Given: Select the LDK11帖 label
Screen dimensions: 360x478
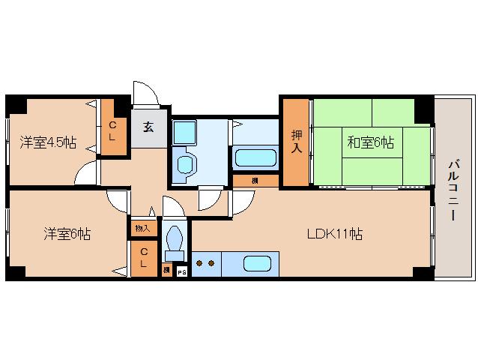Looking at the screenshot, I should (334, 234).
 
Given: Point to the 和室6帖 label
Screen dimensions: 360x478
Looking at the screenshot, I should (369, 141).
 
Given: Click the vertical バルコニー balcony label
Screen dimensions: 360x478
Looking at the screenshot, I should (454, 188).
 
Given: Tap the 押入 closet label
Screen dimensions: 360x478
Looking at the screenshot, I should (296, 142).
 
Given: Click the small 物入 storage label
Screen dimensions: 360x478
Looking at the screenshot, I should (142, 228).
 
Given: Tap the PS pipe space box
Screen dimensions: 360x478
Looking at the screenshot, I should (181, 271).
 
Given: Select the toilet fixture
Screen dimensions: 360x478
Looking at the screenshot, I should (175, 243).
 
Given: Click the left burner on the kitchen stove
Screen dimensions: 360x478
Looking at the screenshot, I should (199, 263).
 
